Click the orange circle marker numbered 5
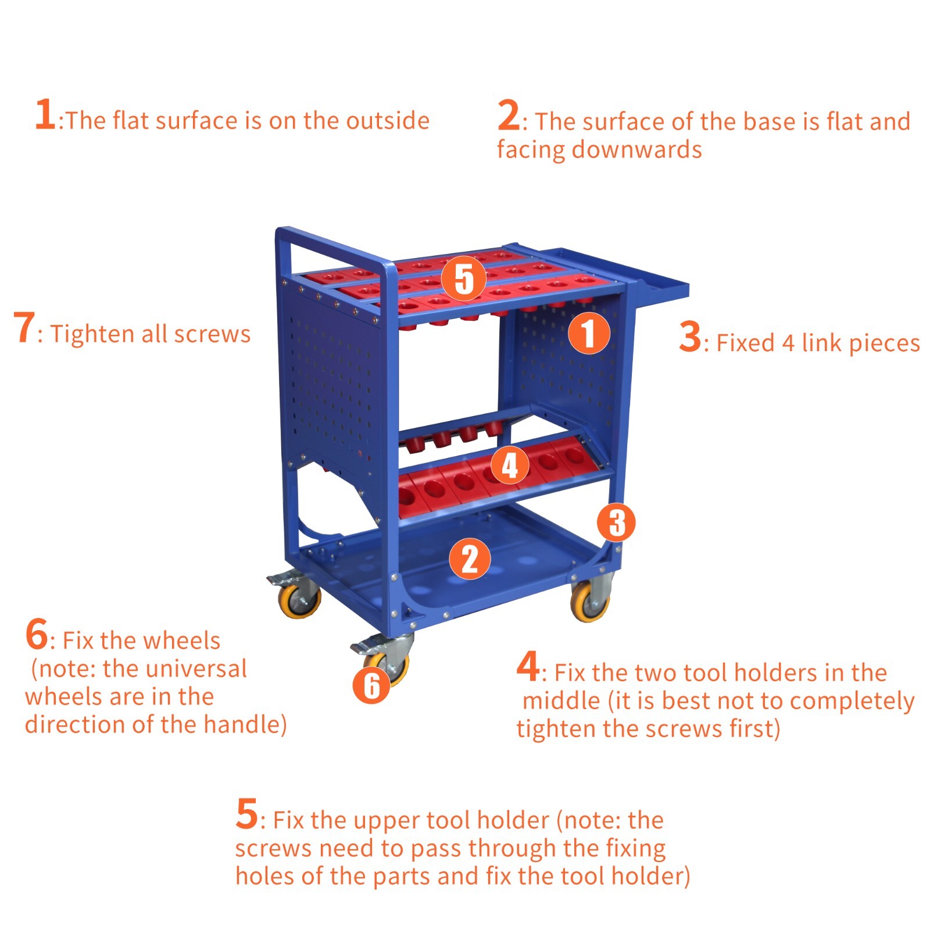click(x=463, y=278)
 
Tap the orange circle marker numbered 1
click(x=589, y=333)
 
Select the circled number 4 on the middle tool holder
click(x=510, y=464)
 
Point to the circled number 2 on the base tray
click(x=470, y=559)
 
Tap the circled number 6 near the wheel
click(x=371, y=685)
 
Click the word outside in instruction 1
click(x=388, y=121)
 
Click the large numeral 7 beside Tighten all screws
click(x=24, y=328)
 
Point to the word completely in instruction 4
click(x=852, y=702)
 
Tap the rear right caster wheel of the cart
click(x=591, y=602)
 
